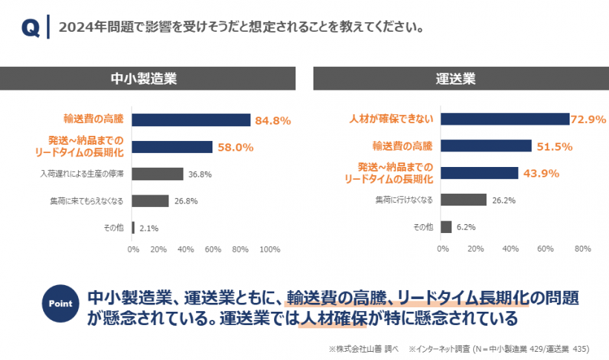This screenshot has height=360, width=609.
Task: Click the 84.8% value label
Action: [273, 120]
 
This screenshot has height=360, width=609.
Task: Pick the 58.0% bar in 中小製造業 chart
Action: [172, 147]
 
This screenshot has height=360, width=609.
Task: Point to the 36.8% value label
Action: [200, 174]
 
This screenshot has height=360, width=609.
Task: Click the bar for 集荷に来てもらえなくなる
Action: [150, 200]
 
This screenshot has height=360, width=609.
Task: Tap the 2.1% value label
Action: [149, 228]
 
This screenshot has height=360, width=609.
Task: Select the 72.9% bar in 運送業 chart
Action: [506, 119]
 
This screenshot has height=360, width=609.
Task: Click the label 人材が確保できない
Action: [391, 119]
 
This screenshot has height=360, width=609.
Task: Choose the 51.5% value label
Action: [555, 147]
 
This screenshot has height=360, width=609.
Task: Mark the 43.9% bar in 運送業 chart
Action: [481, 173]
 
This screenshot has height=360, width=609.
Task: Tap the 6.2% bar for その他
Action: [447, 227]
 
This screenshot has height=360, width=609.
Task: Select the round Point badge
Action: [60, 304]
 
